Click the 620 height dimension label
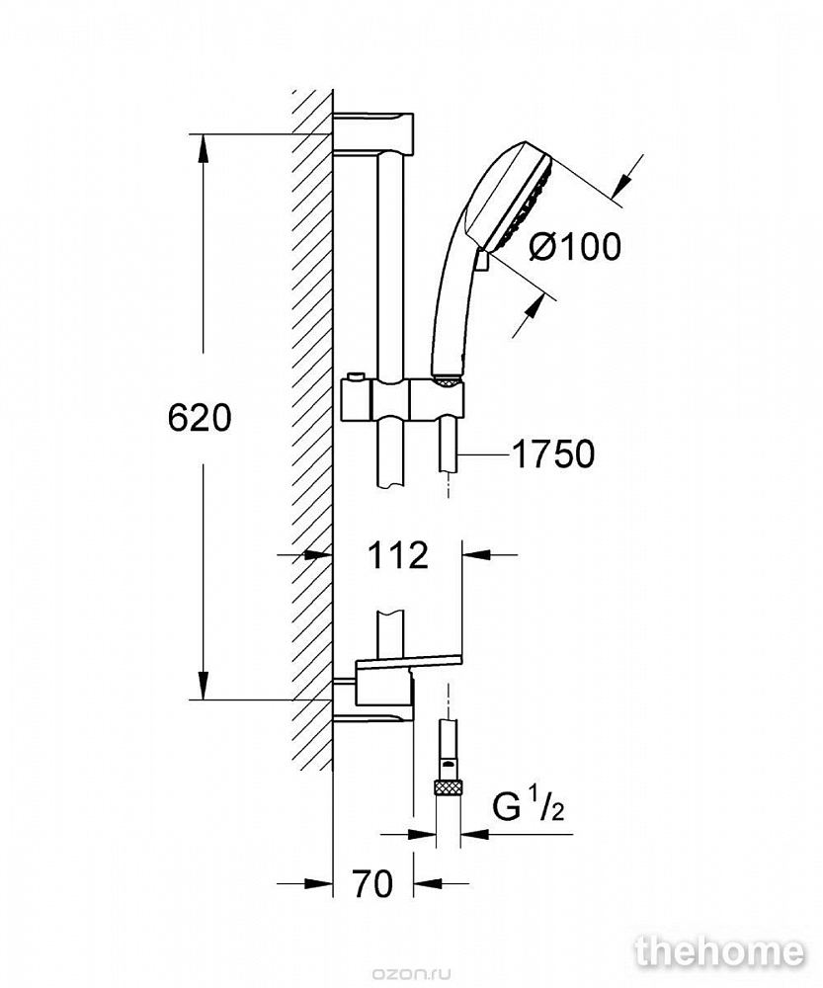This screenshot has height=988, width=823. click(200, 417)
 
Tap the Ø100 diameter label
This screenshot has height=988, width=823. click(575, 246)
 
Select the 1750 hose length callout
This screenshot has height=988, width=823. click(553, 453)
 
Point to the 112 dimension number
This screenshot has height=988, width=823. click(397, 555)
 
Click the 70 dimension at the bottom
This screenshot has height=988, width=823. click(373, 883)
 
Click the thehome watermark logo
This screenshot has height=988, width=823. click(719, 951)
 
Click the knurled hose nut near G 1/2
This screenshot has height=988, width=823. click(448, 786)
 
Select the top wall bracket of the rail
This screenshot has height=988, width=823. click(373, 133)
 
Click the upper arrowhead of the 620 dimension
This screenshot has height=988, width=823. click(203, 151)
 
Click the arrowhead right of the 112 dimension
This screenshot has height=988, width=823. click(477, 555)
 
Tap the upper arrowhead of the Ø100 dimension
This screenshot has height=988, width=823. click(624, 182)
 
